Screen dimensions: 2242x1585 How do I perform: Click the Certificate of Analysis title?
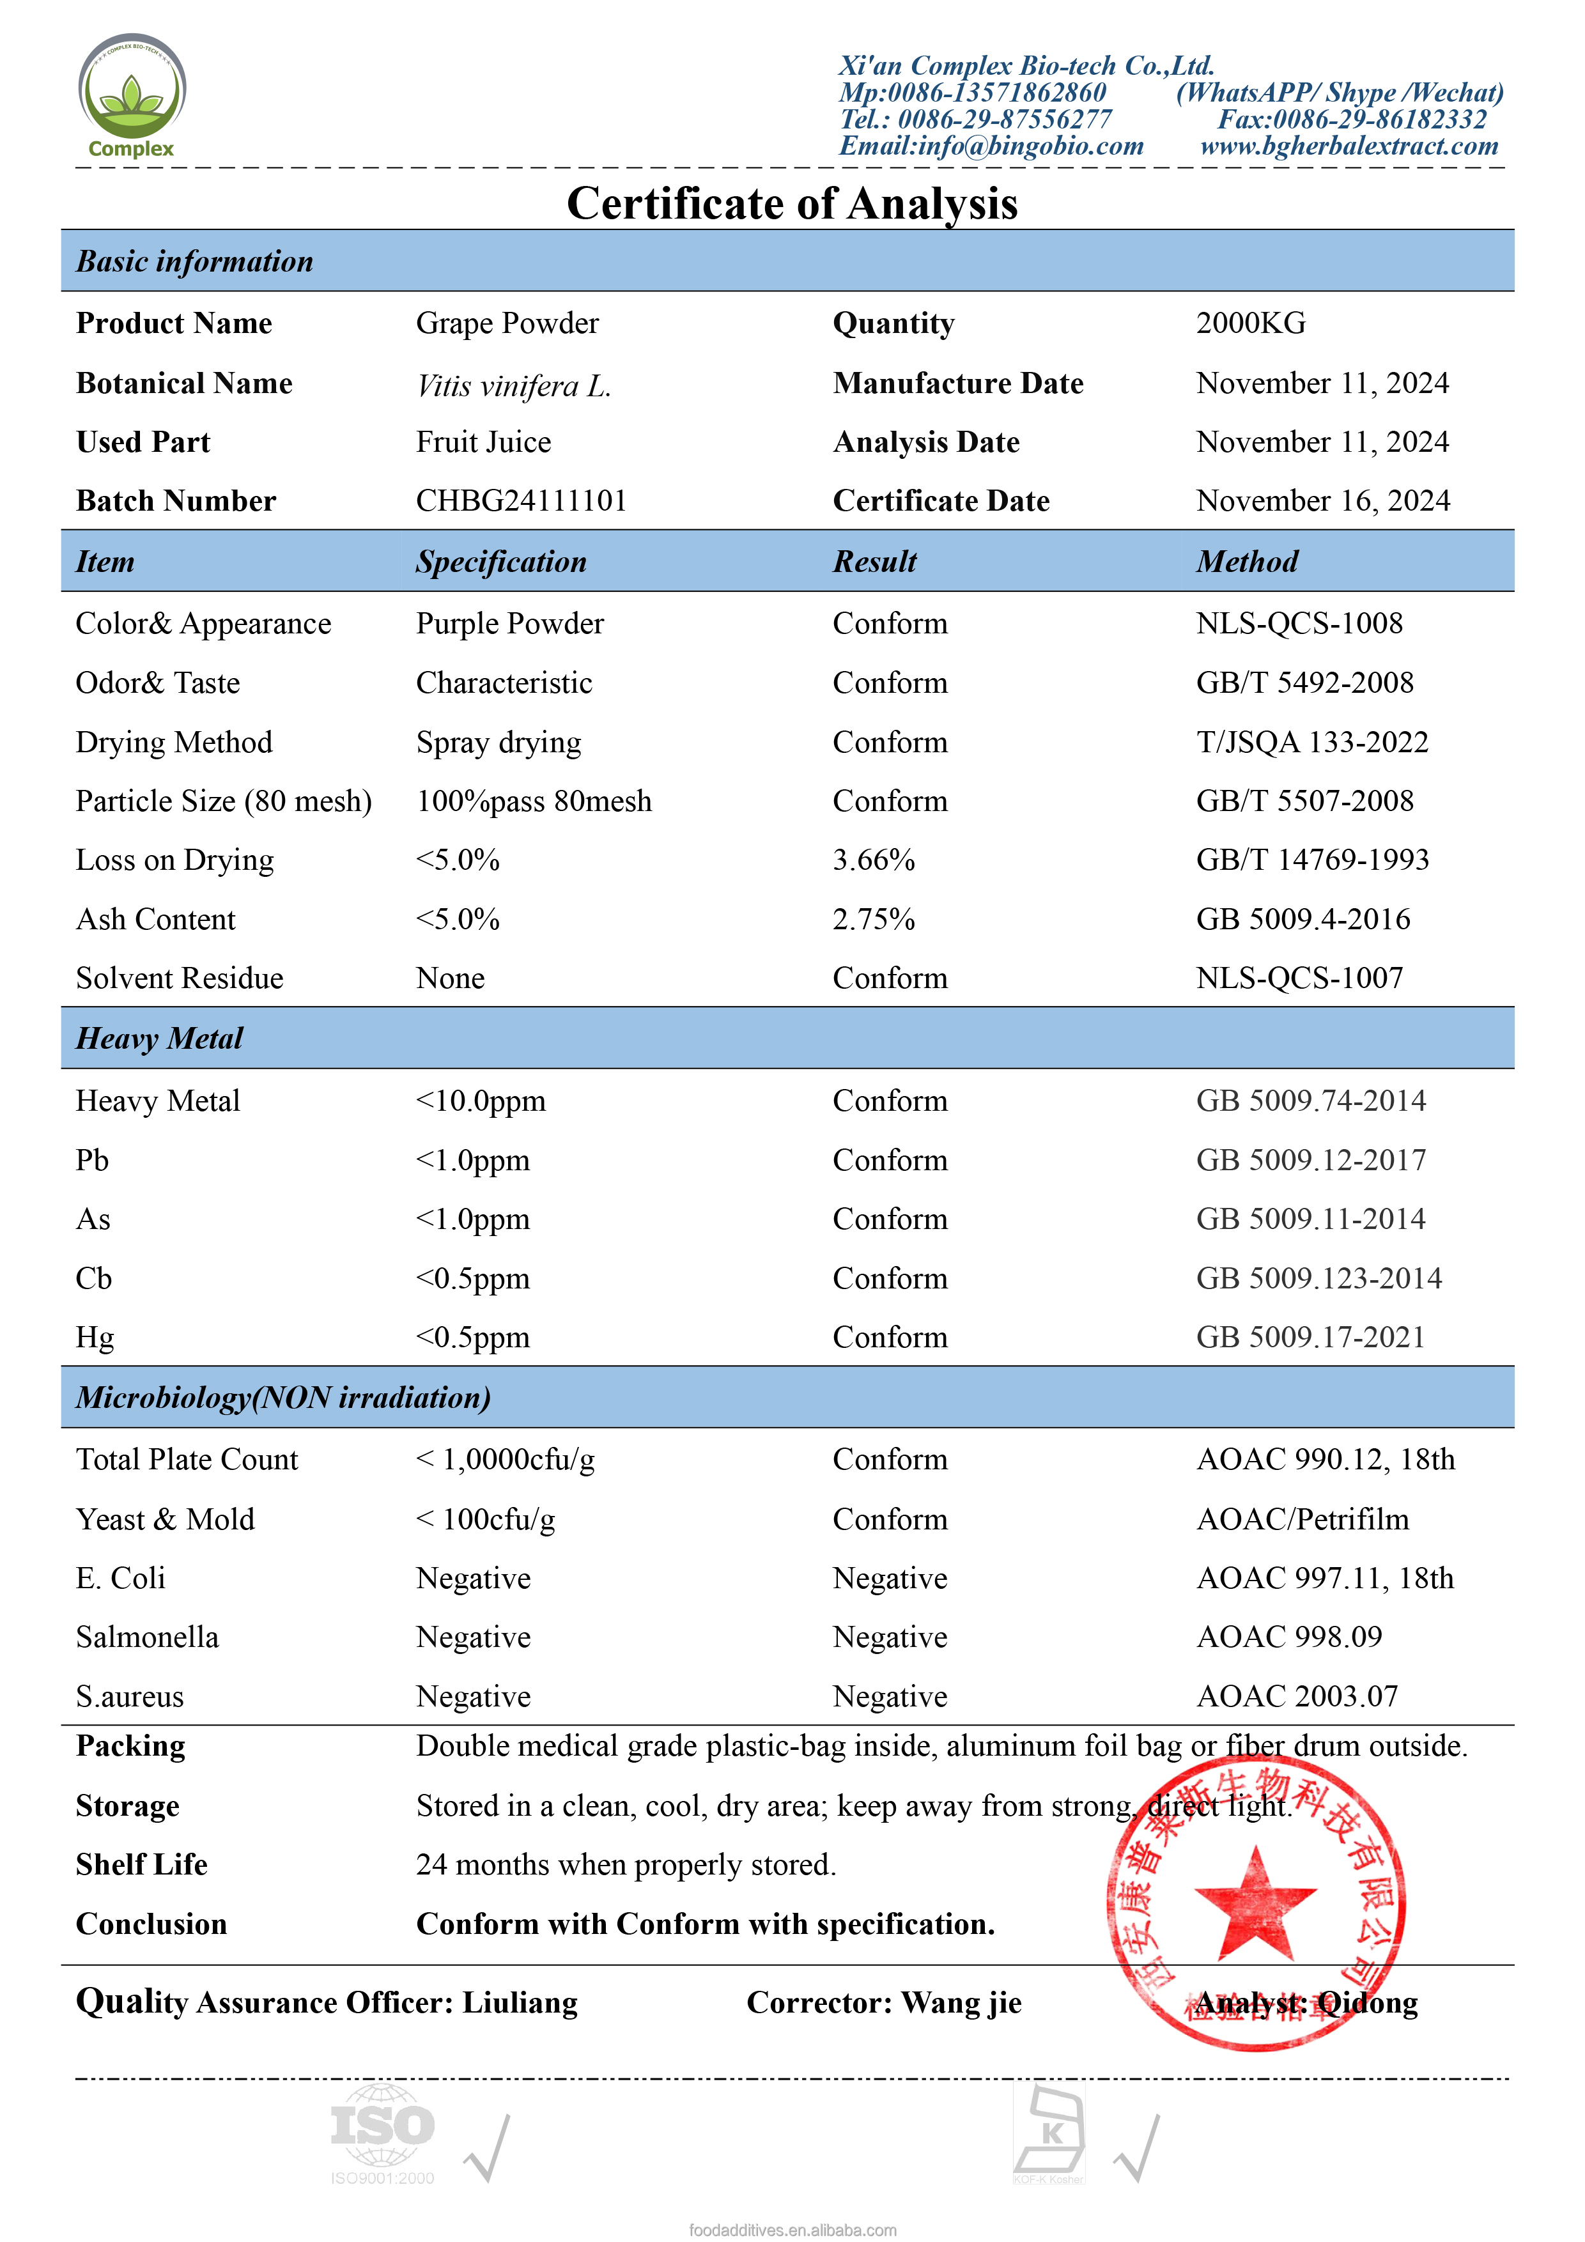click(792, 203)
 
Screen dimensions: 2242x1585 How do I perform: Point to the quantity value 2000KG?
click(1250, 323)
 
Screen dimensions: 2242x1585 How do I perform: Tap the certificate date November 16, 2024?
click(1322, 501)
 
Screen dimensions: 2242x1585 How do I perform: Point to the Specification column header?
click(501, 562)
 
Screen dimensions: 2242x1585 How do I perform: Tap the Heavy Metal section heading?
click(159, 1038)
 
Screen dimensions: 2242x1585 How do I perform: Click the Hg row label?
click(95, 1338)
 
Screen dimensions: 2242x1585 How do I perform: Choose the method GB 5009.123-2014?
click(1318, 1278)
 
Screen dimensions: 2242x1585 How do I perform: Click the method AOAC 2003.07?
click(1297, 1696)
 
